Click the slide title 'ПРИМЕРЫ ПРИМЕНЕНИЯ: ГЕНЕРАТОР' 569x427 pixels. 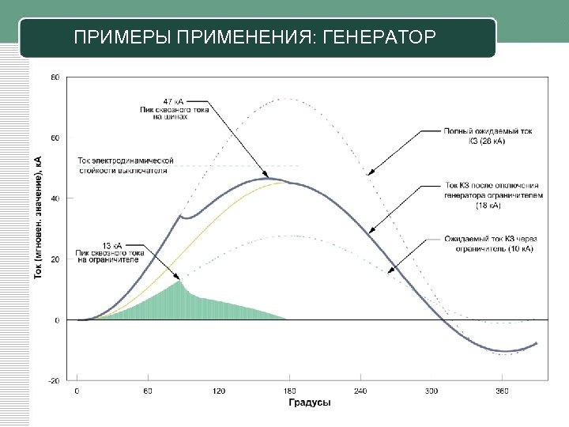tap(254, 37)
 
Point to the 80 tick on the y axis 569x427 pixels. tap(55, 77)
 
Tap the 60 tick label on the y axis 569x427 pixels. tap(55, 138)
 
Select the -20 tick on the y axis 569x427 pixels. tap(54, 380)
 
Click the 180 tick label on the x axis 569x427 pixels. tap(290, 391)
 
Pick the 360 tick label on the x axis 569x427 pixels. tap(503, 391)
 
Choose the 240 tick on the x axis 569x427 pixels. tap(361, 391)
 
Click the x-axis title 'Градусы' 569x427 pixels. tap(308, 402)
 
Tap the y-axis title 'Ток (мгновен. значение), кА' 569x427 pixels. tap(38, 216)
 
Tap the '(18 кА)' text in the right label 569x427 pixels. tap(488, 206)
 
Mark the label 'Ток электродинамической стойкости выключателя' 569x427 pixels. tap(126, 165)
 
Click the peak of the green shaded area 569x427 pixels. tap(180, 282)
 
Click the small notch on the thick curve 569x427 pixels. tap(181, 216)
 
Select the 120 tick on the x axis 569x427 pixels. tap(219, 391)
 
